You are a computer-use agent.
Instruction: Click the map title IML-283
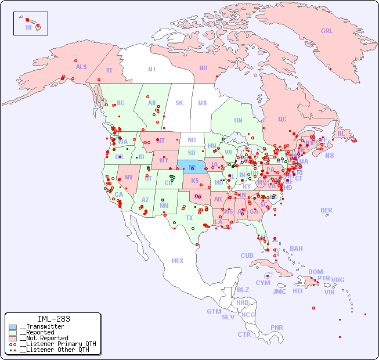click(54, 319)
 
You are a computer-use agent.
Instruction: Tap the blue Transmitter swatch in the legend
click(13, 326)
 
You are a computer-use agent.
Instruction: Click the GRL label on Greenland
click(327, 31)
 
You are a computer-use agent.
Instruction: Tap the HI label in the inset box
click(28, 27)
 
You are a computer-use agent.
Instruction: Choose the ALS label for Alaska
click(81, 67)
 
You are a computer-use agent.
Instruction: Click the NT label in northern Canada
click(151, 69)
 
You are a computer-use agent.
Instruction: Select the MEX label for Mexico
click(178, 261)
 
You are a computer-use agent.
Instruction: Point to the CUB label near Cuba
click(247, 255)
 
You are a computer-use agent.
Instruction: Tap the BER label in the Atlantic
click(327, 210)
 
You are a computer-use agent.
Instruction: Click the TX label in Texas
click(189, 218)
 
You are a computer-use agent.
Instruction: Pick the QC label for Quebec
click(282, 120)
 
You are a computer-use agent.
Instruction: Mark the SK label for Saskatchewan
click(179, 103)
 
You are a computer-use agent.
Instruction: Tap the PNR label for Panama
click(277, 327)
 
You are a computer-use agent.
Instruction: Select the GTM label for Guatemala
click(214, 311)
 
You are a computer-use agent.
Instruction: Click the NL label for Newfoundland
click(341, 134)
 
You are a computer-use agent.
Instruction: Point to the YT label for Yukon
click(109, 70)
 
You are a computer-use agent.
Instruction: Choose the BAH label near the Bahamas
click(296, 249)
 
